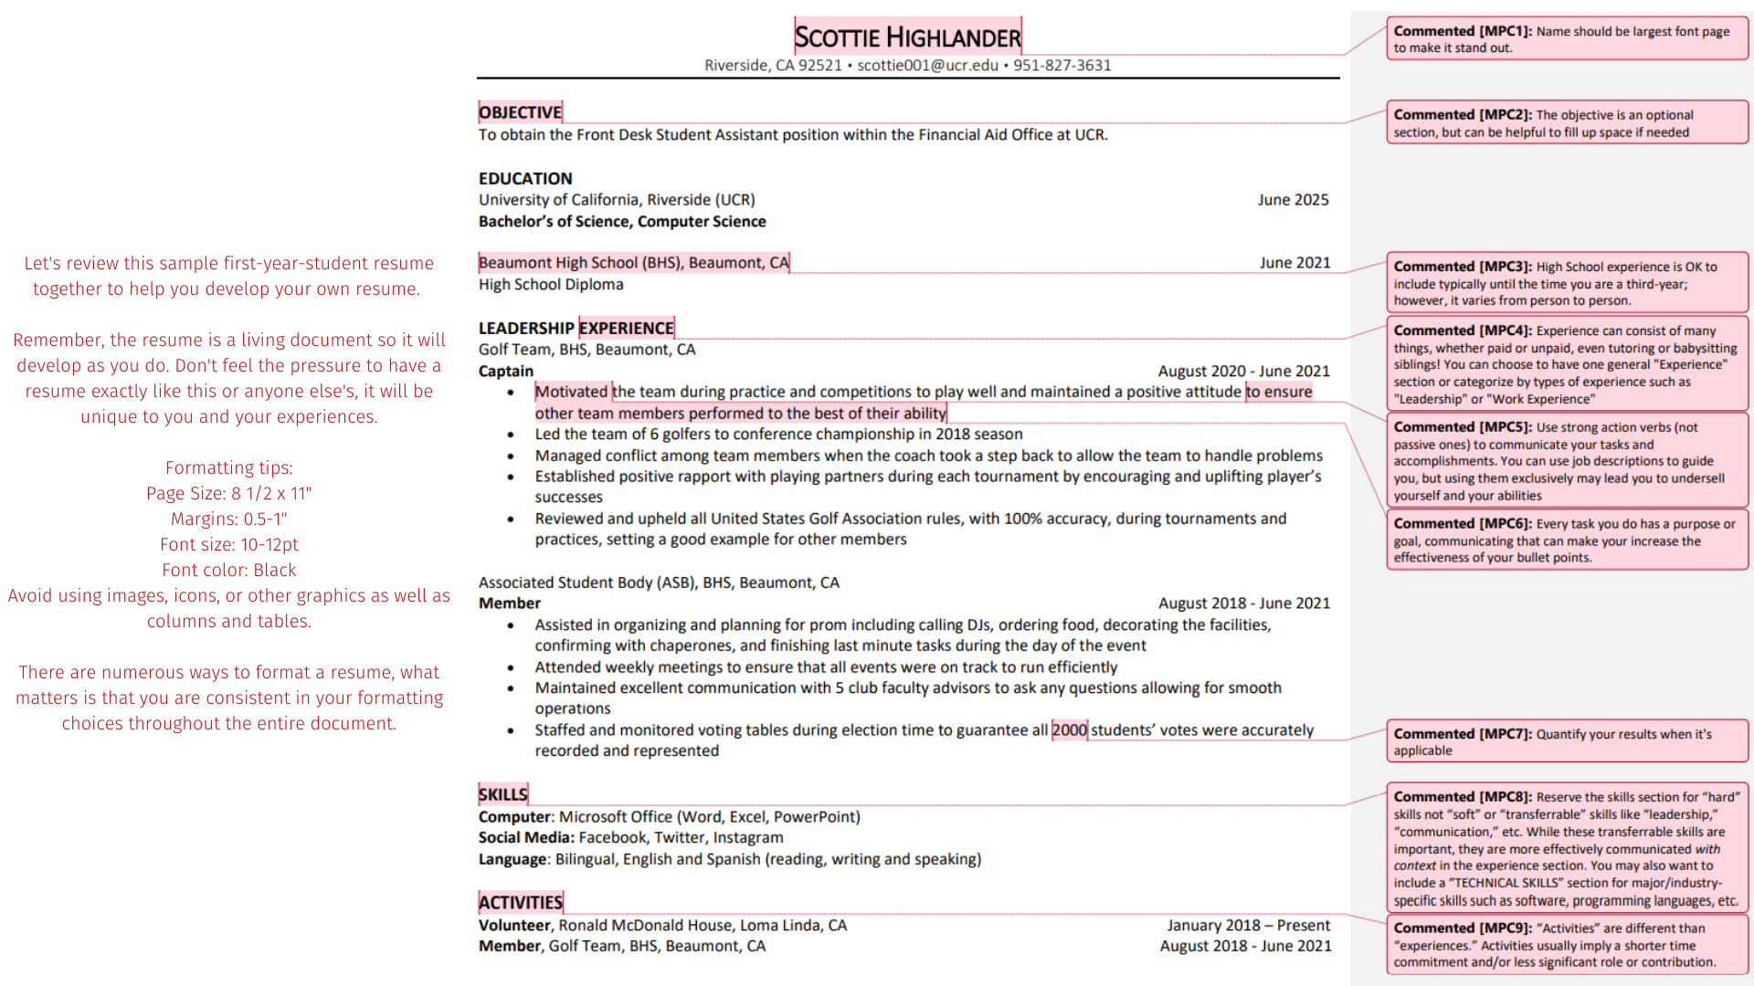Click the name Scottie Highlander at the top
click(907, 37)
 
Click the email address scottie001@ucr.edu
click(927, 66)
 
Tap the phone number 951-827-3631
click(1062, 66)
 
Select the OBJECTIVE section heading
click(520, 112)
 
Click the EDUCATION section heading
click(525, 179)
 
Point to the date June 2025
click(1293, 200)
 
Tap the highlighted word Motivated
click(571, 392)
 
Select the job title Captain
click(506, 371)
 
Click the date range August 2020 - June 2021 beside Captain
click(1243, 371)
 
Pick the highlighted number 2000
click(1069, 730)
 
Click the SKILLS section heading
click(502, 794)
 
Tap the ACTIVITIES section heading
click(520, 903)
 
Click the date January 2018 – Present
click(1248, 926)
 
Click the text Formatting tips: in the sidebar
click(229, 468)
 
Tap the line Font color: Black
click(229, 571)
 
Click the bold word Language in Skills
click(512, 859)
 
